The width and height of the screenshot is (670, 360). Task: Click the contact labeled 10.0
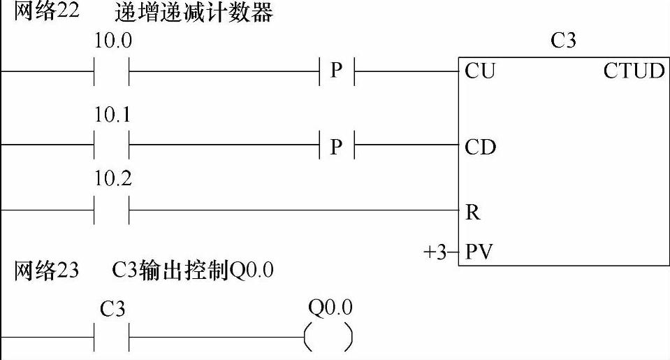[x=112, y=71]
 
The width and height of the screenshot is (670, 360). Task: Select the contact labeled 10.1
[x=112, y=145]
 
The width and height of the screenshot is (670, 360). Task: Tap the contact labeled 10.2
[x=112, y=210]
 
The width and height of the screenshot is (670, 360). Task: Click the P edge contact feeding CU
[x=337, y=71]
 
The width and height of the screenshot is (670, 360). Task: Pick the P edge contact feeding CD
[x=337, y=146]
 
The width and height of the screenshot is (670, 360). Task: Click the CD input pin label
[x=480, y=147]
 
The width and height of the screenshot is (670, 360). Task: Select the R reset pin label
[x=472, y=213]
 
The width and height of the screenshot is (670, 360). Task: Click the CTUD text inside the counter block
[x=634, y=71]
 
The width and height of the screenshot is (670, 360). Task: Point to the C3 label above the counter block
[x=563, y=41]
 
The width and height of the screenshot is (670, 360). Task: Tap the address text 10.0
[x=113, y=41]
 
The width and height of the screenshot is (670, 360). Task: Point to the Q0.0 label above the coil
[x=330, y=307]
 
